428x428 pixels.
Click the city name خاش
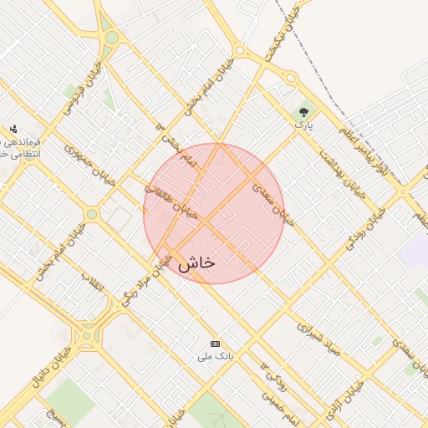(x=196, y=262)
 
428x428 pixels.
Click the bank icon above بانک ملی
(x=216, y=344)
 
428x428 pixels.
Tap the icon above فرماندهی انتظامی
(x=13, y=129)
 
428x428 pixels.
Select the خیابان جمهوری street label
(x=89, y=167)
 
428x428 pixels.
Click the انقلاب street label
(x=93, y=282)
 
